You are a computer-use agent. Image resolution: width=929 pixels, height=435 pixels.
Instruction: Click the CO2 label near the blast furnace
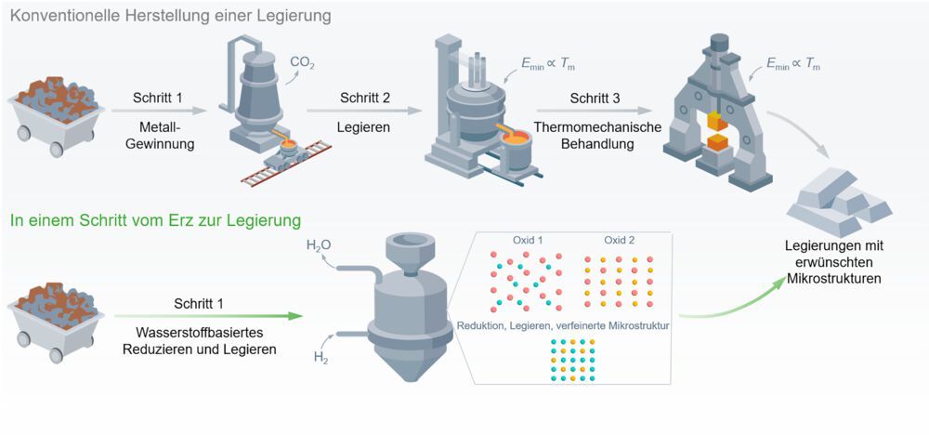click(x=303, y=64)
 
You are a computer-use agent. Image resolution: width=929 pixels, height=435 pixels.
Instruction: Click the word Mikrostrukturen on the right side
click(x=833, y=278)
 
